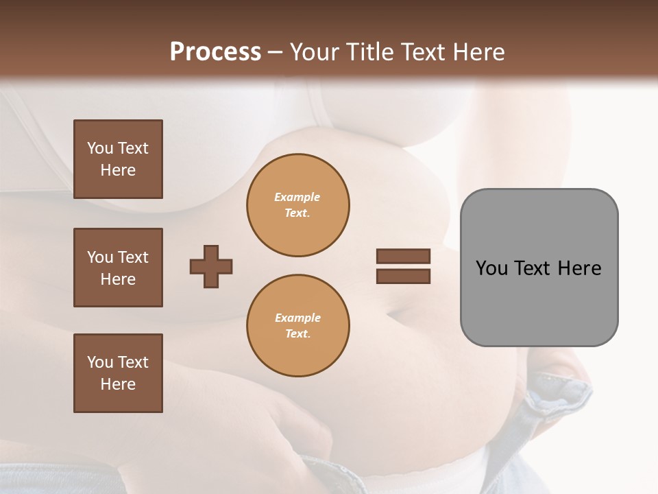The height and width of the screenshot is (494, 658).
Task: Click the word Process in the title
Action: (215, 52)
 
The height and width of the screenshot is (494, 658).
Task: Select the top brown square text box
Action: (118, 159)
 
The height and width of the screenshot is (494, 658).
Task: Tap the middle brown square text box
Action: (118, 268)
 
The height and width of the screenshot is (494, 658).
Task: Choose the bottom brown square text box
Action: (118, 373)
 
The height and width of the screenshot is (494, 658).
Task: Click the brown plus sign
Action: (211, 266)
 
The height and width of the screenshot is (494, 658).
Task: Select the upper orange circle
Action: (297, 205)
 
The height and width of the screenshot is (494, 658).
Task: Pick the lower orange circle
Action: (297, 326)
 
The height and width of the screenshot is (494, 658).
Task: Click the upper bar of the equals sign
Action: (403, 256)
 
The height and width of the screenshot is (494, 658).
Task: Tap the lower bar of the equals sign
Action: (403, 276)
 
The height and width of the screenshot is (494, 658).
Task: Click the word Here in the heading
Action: (477, 52)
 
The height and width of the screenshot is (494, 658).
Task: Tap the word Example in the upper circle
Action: (297, 197)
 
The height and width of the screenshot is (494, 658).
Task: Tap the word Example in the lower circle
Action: (297, 318)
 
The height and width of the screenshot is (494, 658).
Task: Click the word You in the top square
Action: (100, 148)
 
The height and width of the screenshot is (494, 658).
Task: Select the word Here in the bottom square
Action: (118, 384)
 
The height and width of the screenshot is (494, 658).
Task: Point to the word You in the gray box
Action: (491, 268)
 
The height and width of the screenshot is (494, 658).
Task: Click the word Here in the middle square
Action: (118, 279)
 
